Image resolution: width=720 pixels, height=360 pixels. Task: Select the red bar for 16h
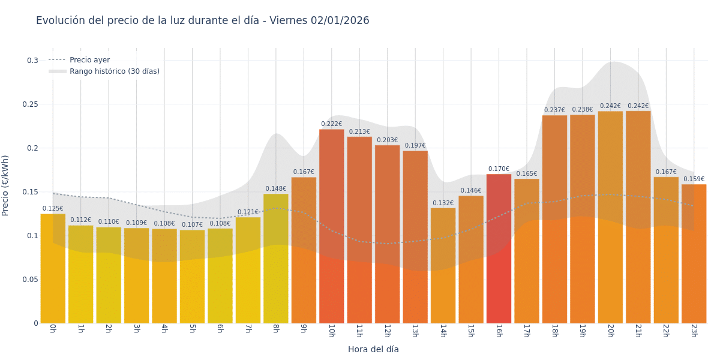click(499, 248)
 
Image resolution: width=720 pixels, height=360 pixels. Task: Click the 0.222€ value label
click(331, 124)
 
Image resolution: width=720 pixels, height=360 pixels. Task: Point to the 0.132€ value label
click(443, 203)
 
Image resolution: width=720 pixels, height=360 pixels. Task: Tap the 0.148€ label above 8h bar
click(276, 189)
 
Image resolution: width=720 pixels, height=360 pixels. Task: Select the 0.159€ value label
click(694, 179)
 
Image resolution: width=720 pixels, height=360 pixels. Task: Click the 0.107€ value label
click(192, 225)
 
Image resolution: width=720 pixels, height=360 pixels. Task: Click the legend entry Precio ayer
click(89, 60)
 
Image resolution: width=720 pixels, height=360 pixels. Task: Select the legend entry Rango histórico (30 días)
click(114, 71)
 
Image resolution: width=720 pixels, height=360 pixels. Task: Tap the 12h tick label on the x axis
click(387, 331)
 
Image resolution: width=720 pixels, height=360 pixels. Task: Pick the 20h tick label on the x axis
click(610, 331)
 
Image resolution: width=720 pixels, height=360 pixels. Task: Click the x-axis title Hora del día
click(373, 349)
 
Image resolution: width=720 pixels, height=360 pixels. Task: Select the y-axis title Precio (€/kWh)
click(5, 185)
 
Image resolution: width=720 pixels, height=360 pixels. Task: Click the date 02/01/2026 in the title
click(340, 20)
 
